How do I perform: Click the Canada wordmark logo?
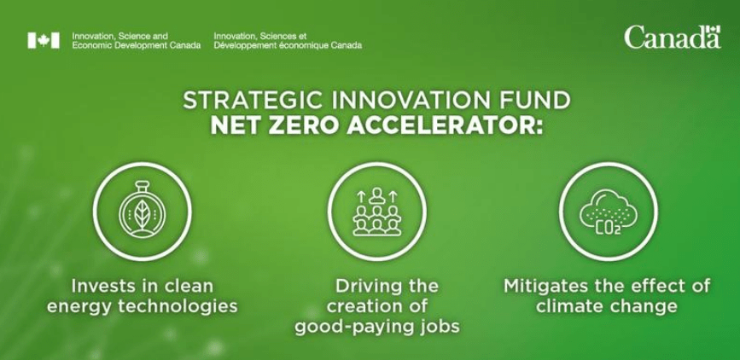click(673, 38)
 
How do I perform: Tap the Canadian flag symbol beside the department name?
click(44, 41)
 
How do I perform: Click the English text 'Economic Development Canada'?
click(137, 45)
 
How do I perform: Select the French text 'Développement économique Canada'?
click(288, 45)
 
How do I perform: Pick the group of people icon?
click(376, 212)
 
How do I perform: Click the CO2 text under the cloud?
click(609, 229)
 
